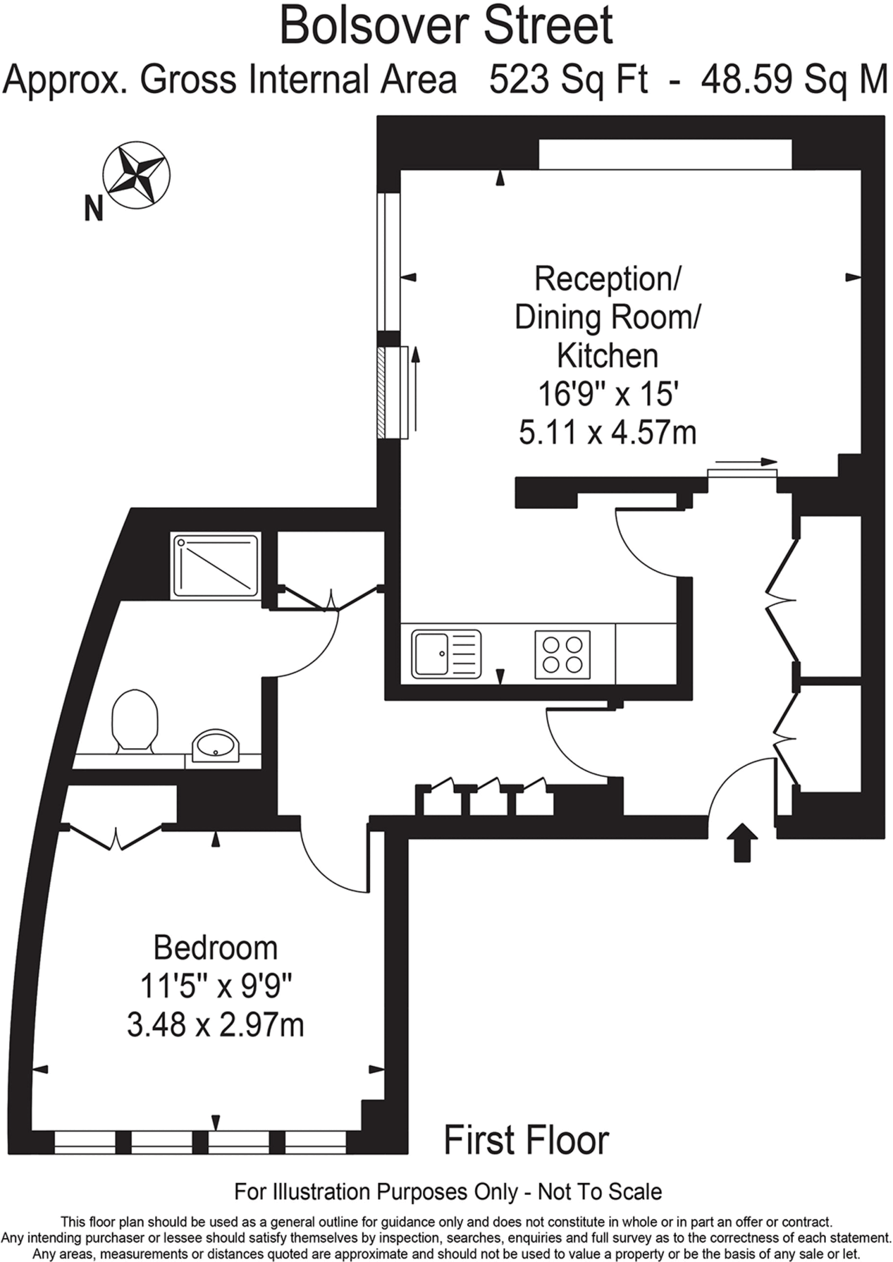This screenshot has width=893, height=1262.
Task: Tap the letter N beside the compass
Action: click(93, 208)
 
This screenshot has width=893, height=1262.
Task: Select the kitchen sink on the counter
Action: click(446, 653)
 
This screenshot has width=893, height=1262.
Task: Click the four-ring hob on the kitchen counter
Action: click(562, 654)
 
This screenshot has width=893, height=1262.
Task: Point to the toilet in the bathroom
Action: click(134, 719)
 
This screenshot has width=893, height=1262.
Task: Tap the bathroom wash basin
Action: click(216, 746)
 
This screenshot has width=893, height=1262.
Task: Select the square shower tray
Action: click(216, 566)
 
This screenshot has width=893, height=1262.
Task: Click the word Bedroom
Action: click(215, 948)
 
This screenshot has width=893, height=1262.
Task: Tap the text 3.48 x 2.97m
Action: click(215, 1026)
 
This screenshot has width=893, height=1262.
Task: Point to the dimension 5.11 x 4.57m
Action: click(607, 433)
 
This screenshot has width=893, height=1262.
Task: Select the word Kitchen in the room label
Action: click(607, 356)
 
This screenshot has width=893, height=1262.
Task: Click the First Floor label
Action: click(526, 1141)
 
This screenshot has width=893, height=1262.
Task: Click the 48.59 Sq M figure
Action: click(794, 80)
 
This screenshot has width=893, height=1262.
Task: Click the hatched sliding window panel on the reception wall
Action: click(381, 392)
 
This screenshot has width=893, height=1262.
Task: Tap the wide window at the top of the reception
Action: click(665, 154)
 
